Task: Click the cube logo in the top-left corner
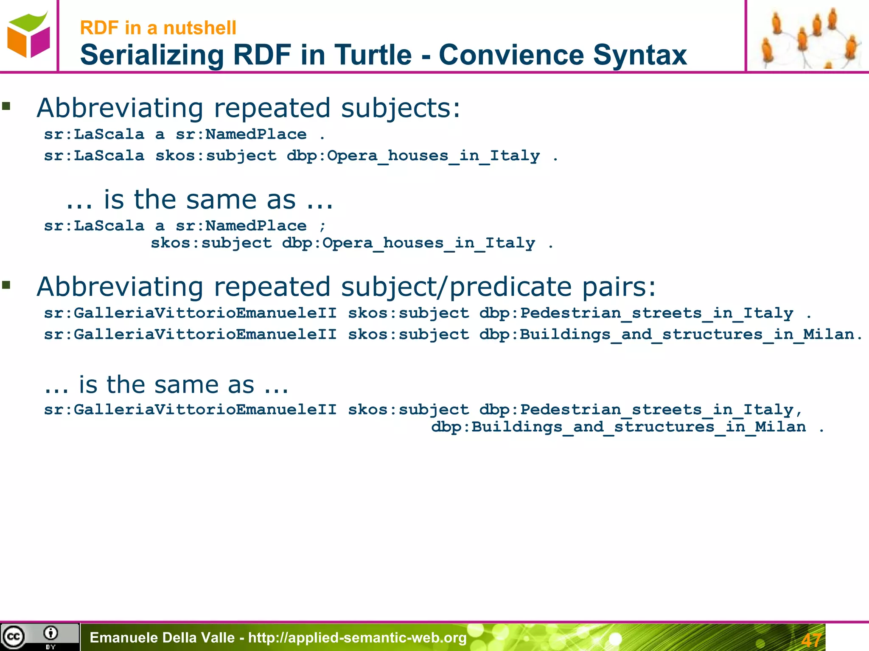pyautogui.click(x=28, y=36)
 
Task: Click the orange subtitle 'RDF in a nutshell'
pyautogui.click(x=158, y=28)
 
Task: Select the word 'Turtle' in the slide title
pyautogui.click(x=356, y=55)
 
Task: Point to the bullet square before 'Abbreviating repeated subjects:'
pyautogui.click(x=6, y=106)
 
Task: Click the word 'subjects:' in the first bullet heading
pyautogui.click(x=401, y=108)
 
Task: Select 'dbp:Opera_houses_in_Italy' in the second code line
pyautogui.click(x=413, y=156)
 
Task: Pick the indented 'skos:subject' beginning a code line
pyautogui.click(x=211, y=243)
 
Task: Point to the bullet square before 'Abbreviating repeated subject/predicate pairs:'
pyautogui.click(x=6, y=285)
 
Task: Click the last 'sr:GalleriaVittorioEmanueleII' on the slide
pyautogui.click(x=191, y=410)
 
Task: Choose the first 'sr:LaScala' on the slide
pyautogui.click(x=94, y=134)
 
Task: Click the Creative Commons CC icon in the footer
pyautogui.click(x=14, y=637)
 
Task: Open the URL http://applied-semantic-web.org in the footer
pyautogui.click(x=357, y=638)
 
